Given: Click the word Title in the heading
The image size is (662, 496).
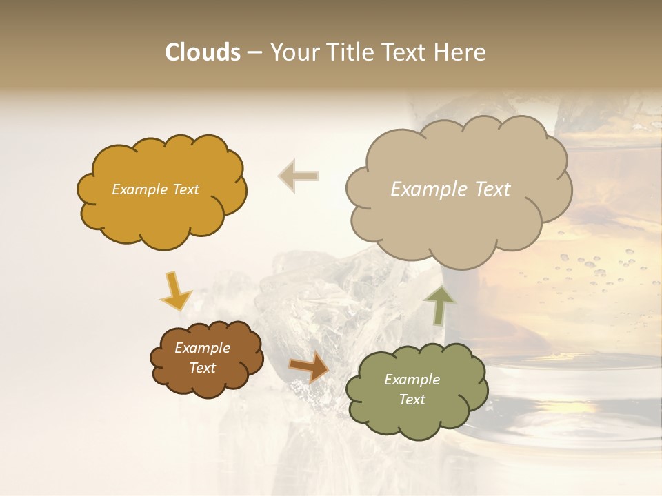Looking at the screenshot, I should (350, 52).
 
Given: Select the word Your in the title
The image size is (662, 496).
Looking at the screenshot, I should (294, 52).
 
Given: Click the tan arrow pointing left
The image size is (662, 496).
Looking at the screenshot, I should (298, 176).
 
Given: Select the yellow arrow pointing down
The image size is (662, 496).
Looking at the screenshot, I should (175, 292).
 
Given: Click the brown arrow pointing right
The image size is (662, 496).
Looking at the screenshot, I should (308, 367).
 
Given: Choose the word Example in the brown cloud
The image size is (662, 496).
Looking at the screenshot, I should (202, 348).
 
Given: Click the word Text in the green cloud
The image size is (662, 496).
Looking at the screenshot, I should (412, 400).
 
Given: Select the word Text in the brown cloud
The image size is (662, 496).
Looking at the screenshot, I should (202, 368).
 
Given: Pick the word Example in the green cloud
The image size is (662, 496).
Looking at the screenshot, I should (412, 380).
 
